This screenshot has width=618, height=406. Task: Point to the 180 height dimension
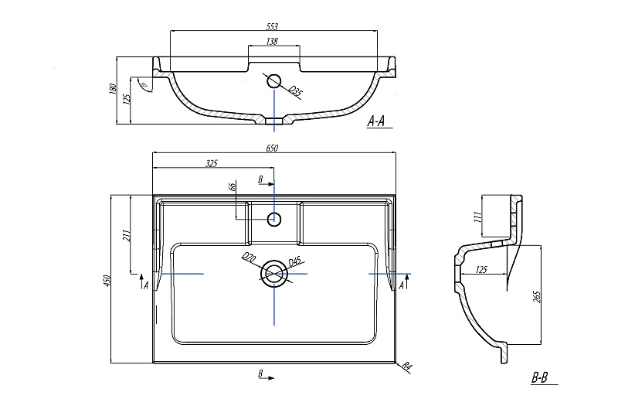[114, 90]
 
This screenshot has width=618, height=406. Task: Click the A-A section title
[379, 121]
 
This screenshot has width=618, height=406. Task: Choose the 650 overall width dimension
[272, 148]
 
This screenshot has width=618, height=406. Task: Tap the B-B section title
[539, 378]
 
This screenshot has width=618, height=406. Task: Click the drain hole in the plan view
[273, 274]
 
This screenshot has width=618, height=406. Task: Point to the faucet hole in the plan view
[273, 219]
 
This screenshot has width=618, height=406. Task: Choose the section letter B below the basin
[261, 375]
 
